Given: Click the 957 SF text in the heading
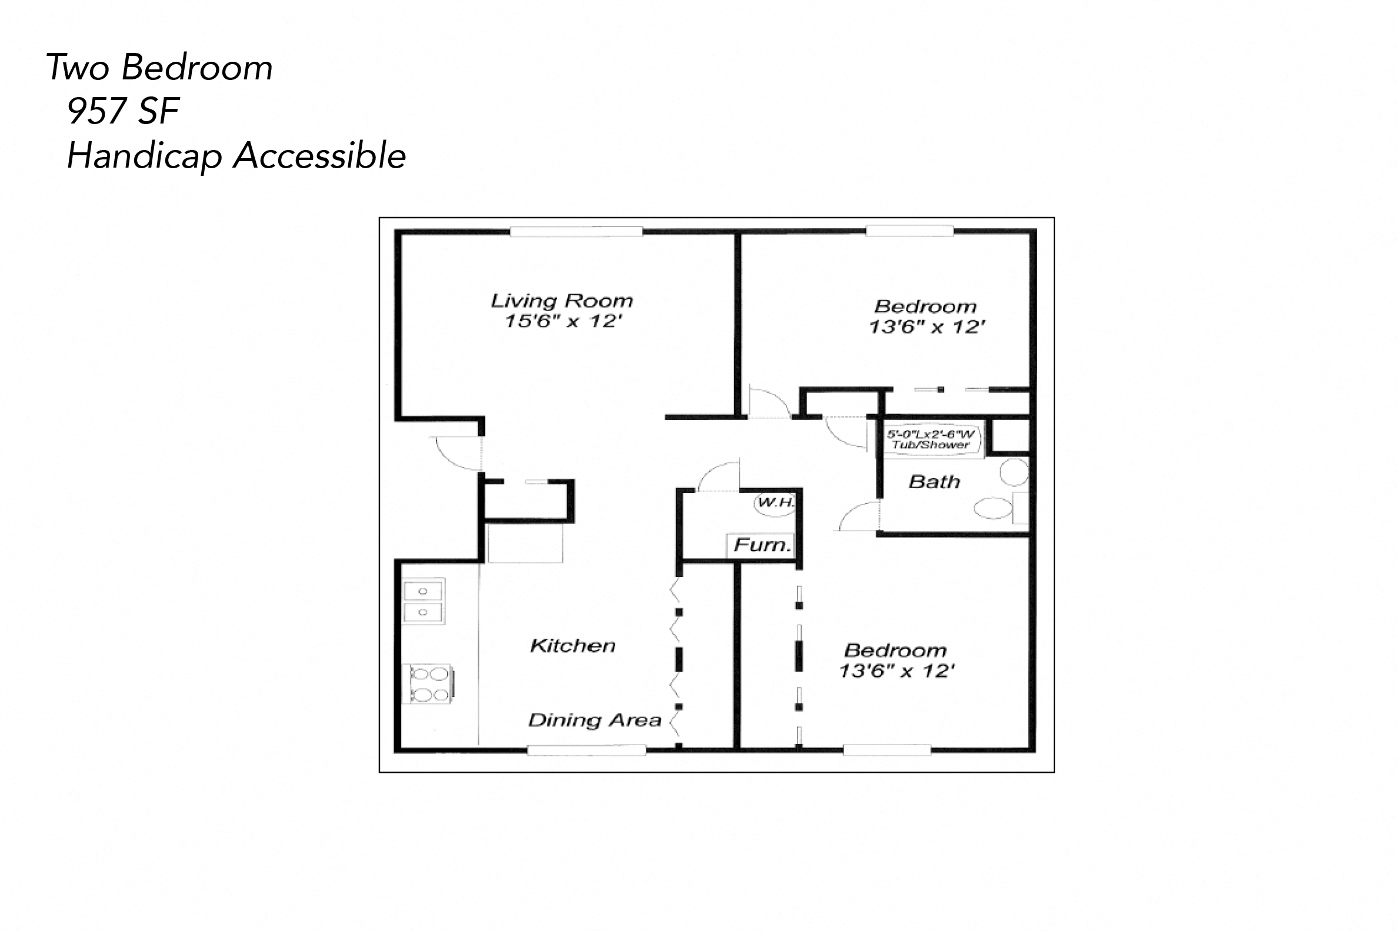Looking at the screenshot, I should pyautogui.click(x=123, y=111).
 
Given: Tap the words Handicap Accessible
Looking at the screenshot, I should pyautogui.click(x=236, y=156).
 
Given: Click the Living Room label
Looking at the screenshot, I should pyautogui.click(x=562, y=301).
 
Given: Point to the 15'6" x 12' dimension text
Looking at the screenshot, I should pyautogui.click(x=563, y=321).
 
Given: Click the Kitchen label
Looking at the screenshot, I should pyautogui.click(x=572, y=645).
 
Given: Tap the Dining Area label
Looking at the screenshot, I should pyautogui.click(x=594, y=720).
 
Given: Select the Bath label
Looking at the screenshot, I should pyautogui.click(x=934, y=482).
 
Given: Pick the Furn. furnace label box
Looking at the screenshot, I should pyautogui.click(x=762, y=545).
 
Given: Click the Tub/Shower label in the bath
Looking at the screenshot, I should pyautogui.click(x=930, y=444).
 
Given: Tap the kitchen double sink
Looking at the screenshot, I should pyautogui.click(x=423, y=602).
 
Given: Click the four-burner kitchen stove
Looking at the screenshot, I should pyautogui.click(x=429, y=684).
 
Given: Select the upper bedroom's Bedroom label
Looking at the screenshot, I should pyautogui.click(x=925, y=306).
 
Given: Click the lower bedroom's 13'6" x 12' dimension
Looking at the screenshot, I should pyautogui.click(x=896, y=671).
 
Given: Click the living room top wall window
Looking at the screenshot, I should pyautogui.click(x=576, y=232).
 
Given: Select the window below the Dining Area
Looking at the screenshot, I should pyautogui.click(x=586, y=750).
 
